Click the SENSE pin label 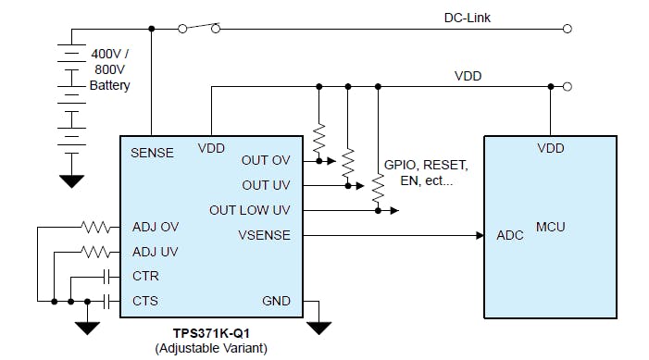pos(152,153)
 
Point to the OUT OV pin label pos(266,160)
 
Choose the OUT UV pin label pos(267,185)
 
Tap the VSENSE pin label pos(264,235)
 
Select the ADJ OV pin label pos(156,227)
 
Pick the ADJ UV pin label pos(156,252)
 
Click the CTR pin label pos(145,276)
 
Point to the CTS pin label pos(145,301)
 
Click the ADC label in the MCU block pos(510,235)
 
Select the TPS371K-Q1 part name pos(212,332)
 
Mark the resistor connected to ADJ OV pos(95,227)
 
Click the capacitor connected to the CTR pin pos(107,276)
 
